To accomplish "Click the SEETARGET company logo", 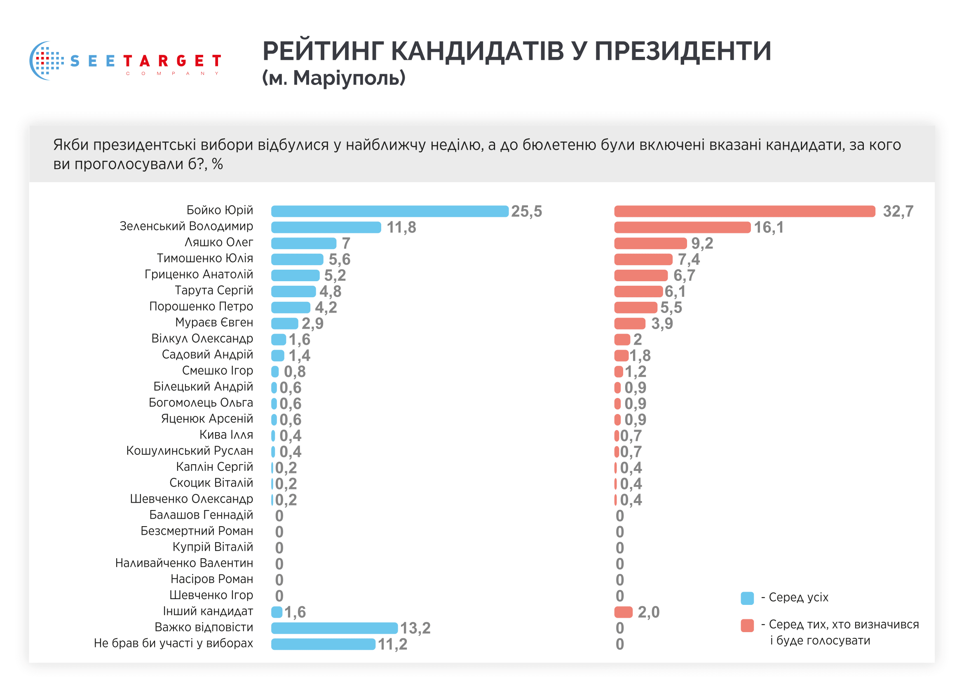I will (x=125, y=61).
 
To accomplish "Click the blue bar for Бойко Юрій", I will (x=389, y=211).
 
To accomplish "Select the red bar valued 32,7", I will (x=744, y=211).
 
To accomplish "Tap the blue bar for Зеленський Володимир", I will (x=326, y=227).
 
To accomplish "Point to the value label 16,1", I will (x=768, y=228).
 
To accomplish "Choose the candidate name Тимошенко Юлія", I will (x=205, y=258).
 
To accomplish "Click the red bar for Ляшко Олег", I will (x=650, y=243).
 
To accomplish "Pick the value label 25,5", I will (x=526, y=211).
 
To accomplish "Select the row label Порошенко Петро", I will (x=201, y=306).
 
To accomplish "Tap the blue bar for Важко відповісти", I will (x=334, y=628).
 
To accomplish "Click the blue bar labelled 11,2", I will (x=323, y=644).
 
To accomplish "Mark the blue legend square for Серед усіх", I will (x=747, y=598).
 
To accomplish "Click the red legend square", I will (x=747, y=626).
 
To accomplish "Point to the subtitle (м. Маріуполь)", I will (x=334, y=78).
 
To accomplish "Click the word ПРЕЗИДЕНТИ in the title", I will (x=683, y=52).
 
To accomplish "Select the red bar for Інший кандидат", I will (x=624, y=612).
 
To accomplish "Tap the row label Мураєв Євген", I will (x=214, y=322).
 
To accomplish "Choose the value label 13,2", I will (x=415, y=628).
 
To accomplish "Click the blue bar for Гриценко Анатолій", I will (x=295, y=275).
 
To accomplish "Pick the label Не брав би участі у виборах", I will (x=174, y=643).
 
